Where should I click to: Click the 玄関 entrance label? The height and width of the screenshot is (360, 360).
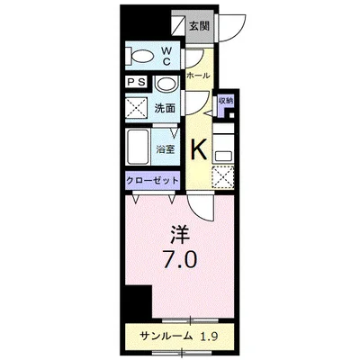tap(200, 25)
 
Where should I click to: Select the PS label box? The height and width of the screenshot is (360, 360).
tap(137, 84)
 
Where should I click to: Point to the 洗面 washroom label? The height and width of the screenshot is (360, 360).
tap(165, 109)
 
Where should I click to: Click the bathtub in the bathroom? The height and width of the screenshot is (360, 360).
tap(139, 144)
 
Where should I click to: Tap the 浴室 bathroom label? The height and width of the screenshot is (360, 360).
tap(166, 150)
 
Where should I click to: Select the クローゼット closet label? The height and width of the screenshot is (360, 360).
tap(152, 179)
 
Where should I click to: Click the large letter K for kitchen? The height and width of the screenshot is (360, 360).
tap(200, 149)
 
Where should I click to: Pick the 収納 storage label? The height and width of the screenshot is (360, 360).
tap(225, 101)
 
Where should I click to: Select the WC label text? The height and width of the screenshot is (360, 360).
tap(167, 57)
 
